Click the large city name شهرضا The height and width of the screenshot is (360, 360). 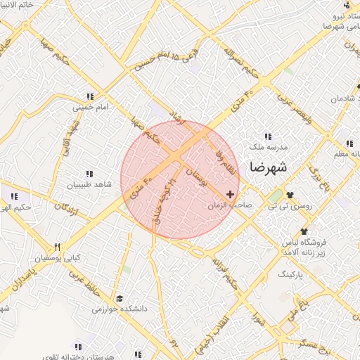pos(269,167)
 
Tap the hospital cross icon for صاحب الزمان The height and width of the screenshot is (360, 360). pos(231,194)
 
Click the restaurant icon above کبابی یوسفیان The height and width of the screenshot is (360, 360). pos(58,247)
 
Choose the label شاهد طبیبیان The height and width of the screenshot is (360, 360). pos(89,185)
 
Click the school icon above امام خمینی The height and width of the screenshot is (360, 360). pos(89,96)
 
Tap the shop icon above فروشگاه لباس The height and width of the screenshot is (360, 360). pos(304,231)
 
